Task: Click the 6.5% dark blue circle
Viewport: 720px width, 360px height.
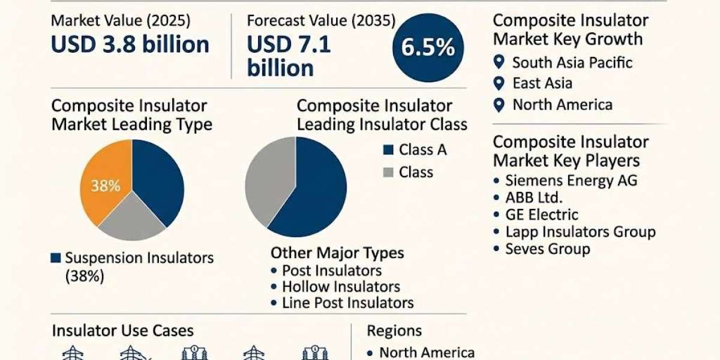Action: [428, 47]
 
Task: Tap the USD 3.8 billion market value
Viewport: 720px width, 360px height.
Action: [130, 44]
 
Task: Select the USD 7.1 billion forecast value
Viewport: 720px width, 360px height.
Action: [289, 56]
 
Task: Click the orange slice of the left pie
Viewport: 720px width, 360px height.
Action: [103, 183]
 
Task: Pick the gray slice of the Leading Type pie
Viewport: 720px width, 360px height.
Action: [132, 218]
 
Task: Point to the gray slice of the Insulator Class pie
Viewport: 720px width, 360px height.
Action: [268, 180]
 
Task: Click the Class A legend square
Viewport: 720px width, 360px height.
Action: [388, 150]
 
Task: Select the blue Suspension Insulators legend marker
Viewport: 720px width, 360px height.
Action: [56, 258]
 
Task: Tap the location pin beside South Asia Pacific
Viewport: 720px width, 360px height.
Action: [499, 62]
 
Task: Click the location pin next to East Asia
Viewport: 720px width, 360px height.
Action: [499, 83]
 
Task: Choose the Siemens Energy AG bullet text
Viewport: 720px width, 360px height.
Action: [571, 181]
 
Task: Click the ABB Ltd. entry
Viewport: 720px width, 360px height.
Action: [534, 197]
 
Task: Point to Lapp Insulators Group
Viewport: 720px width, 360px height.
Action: [581, 232]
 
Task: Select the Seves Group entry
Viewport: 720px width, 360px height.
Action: [548, 249]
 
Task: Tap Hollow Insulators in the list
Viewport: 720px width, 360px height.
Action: [341, 287]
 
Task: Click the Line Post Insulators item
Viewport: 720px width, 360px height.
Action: [348, 303]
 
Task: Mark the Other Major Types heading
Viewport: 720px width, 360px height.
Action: [337, 253]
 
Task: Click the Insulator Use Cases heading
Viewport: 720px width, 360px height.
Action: [123, 331]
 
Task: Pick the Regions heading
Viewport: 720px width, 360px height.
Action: [394, 331]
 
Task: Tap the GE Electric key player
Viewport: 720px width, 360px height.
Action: [542, 215]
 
